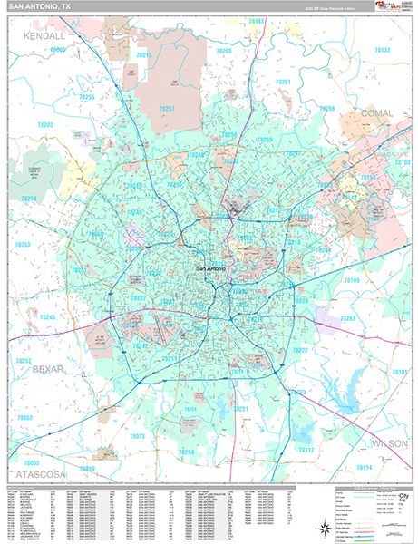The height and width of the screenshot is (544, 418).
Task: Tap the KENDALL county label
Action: click(x=44, y=35)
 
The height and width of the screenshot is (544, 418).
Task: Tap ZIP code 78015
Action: click(x=143, y=55)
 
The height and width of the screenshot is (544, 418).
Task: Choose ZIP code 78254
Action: click(x=29, y=198)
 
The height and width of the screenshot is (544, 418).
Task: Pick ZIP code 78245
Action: click(x=48, y=317)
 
